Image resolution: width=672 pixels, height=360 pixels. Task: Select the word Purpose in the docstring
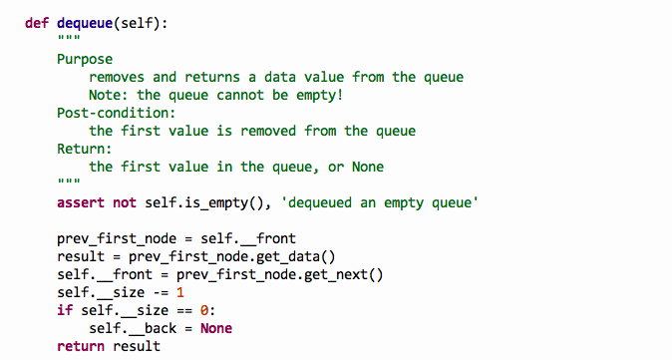point(85,59)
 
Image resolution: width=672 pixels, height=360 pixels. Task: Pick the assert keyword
point(81,202)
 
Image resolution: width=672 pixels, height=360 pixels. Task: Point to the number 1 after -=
point(179,292)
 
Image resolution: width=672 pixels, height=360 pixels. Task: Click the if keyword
point(65,310)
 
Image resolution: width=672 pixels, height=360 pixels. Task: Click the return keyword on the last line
point(81,346)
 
